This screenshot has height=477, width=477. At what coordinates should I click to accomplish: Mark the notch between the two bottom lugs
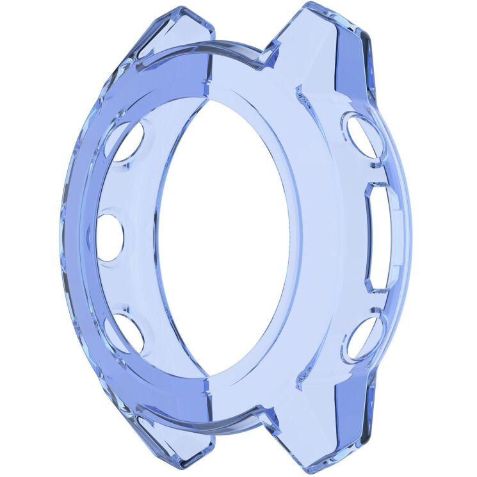click(269, 423)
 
